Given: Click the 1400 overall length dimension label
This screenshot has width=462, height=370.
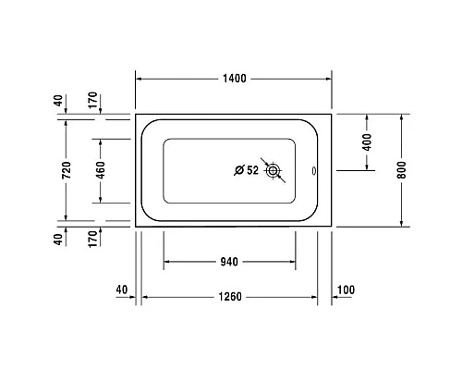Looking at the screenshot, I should (234, 80).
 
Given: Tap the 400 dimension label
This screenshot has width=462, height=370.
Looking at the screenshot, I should (367, 142).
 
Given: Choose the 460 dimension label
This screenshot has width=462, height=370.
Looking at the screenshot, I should (100, 171).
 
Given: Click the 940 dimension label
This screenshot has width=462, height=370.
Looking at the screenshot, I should (230, 263).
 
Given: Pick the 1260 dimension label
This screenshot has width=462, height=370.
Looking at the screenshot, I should (230, 297).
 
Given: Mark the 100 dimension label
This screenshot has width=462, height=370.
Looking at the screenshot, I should (346, 290).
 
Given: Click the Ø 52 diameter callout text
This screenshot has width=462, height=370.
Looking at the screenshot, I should (245, 170).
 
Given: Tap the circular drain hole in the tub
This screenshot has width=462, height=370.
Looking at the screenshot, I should (273, 170).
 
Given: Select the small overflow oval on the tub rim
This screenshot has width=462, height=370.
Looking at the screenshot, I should (313, 170).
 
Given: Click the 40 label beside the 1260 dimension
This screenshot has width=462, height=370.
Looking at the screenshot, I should (122, 290).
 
